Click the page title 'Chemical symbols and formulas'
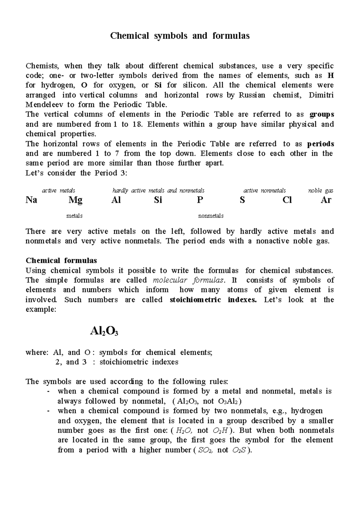coord(180,36)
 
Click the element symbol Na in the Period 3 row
coord(31,200)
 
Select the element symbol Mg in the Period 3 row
coord(75,200)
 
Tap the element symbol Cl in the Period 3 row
coord(287,200)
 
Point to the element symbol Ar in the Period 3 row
coord(326,200)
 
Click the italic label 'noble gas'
coord(321,191)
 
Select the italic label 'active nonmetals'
coord(264,191)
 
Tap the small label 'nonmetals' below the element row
coord(211,216)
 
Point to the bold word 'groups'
coord(322,114)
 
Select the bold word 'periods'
coord(321,144)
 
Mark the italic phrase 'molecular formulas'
coord(188,280)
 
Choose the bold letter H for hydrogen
coord(331,75)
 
